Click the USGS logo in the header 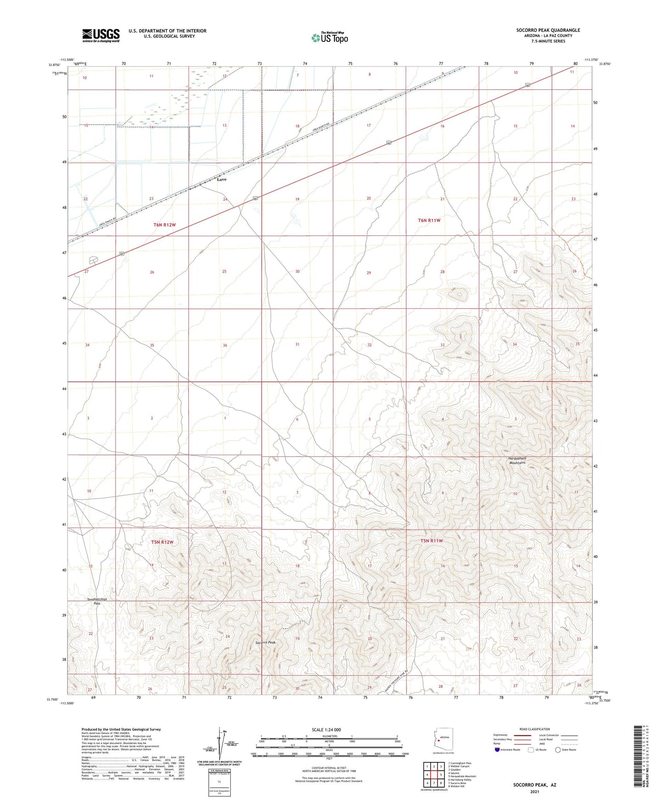click(x=101, y=35)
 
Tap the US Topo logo click(x=329, y=38)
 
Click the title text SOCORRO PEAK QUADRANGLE click(x=548, y=30)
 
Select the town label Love click(x=222, y=179)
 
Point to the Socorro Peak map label click(x=266, y=643)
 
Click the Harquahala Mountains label click(x=517, y=461)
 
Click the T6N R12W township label click(x=165, y=225)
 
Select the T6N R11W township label click(x=429, y=220)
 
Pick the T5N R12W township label click(x=162, y=542)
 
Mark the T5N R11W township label click(x=432, y=541)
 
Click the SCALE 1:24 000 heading click(x=326, y=730)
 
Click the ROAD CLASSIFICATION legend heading click(x=535, y=729)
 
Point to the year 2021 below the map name click(x=534, y=791)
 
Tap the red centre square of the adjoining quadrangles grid click(x=434, y=774)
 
